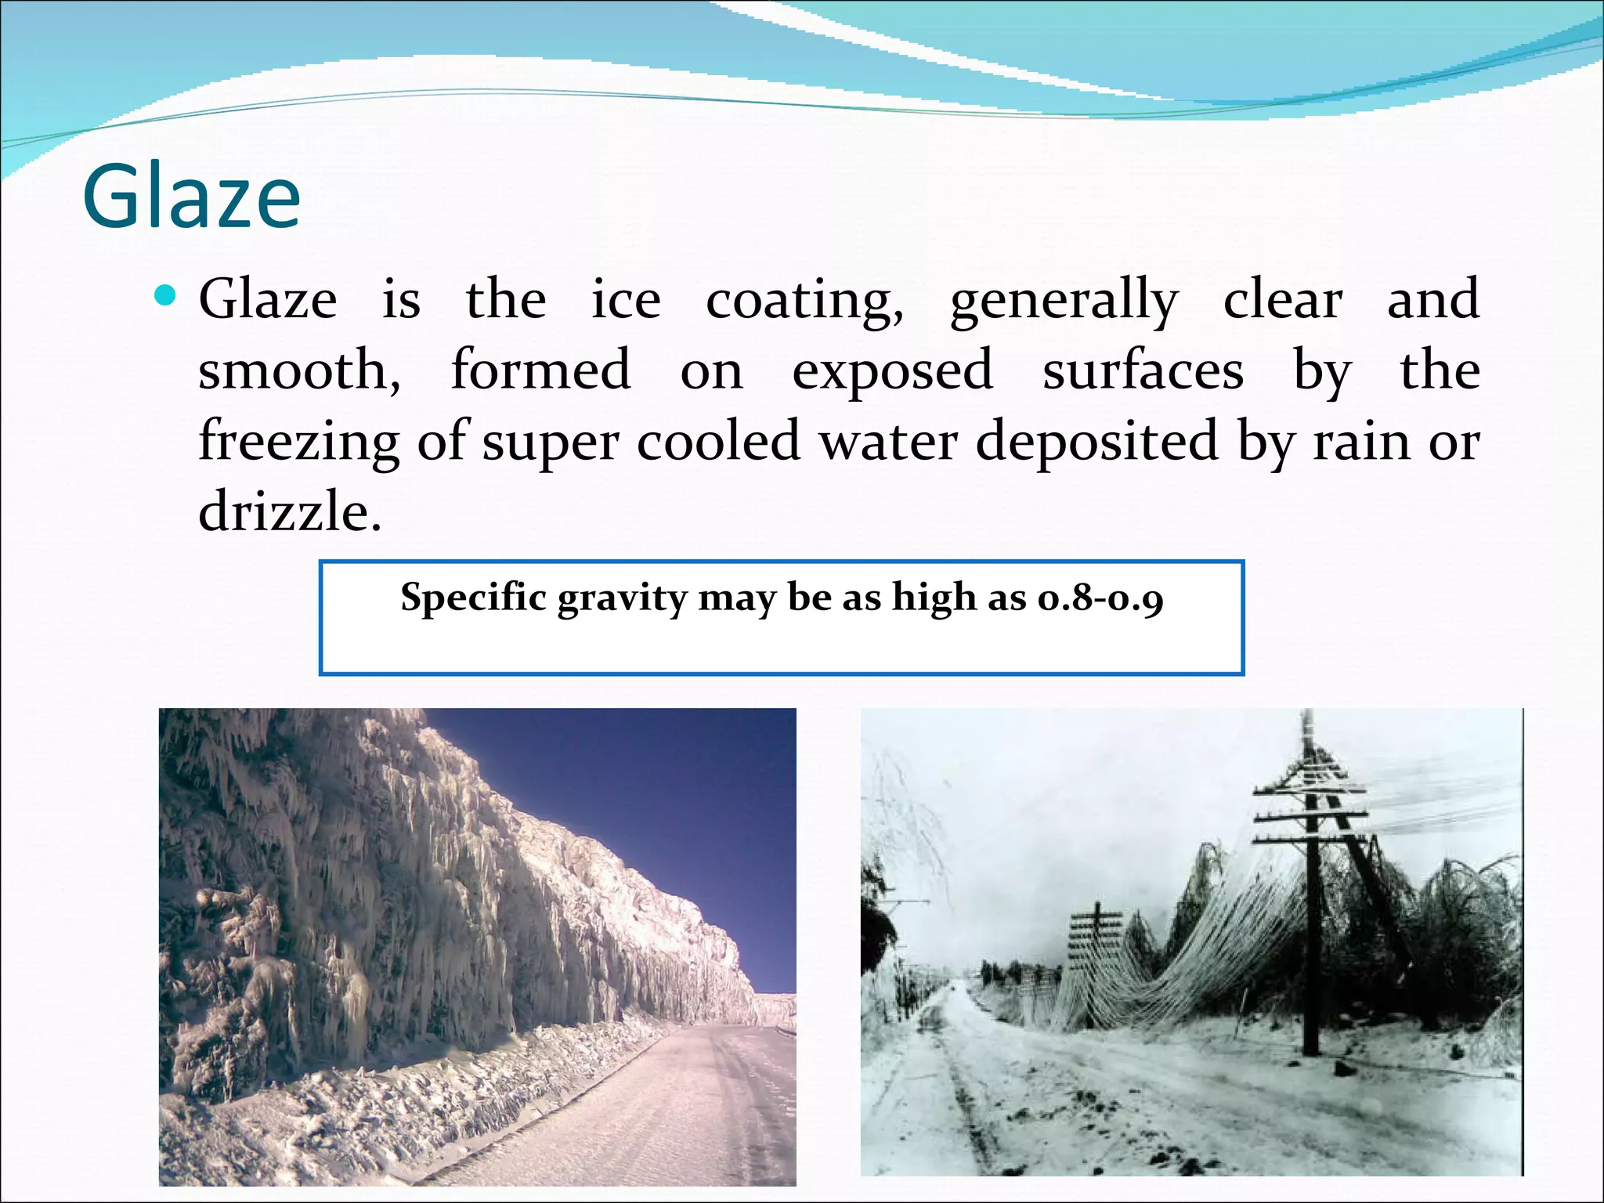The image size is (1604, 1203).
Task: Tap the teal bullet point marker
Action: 164,296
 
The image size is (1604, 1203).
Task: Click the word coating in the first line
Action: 804,301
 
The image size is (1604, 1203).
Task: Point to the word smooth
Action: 298,370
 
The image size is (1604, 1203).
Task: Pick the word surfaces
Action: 1143,370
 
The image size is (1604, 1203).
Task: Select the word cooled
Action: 718,442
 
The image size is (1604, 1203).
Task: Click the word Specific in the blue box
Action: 473,598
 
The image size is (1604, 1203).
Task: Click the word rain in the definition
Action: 1362,442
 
